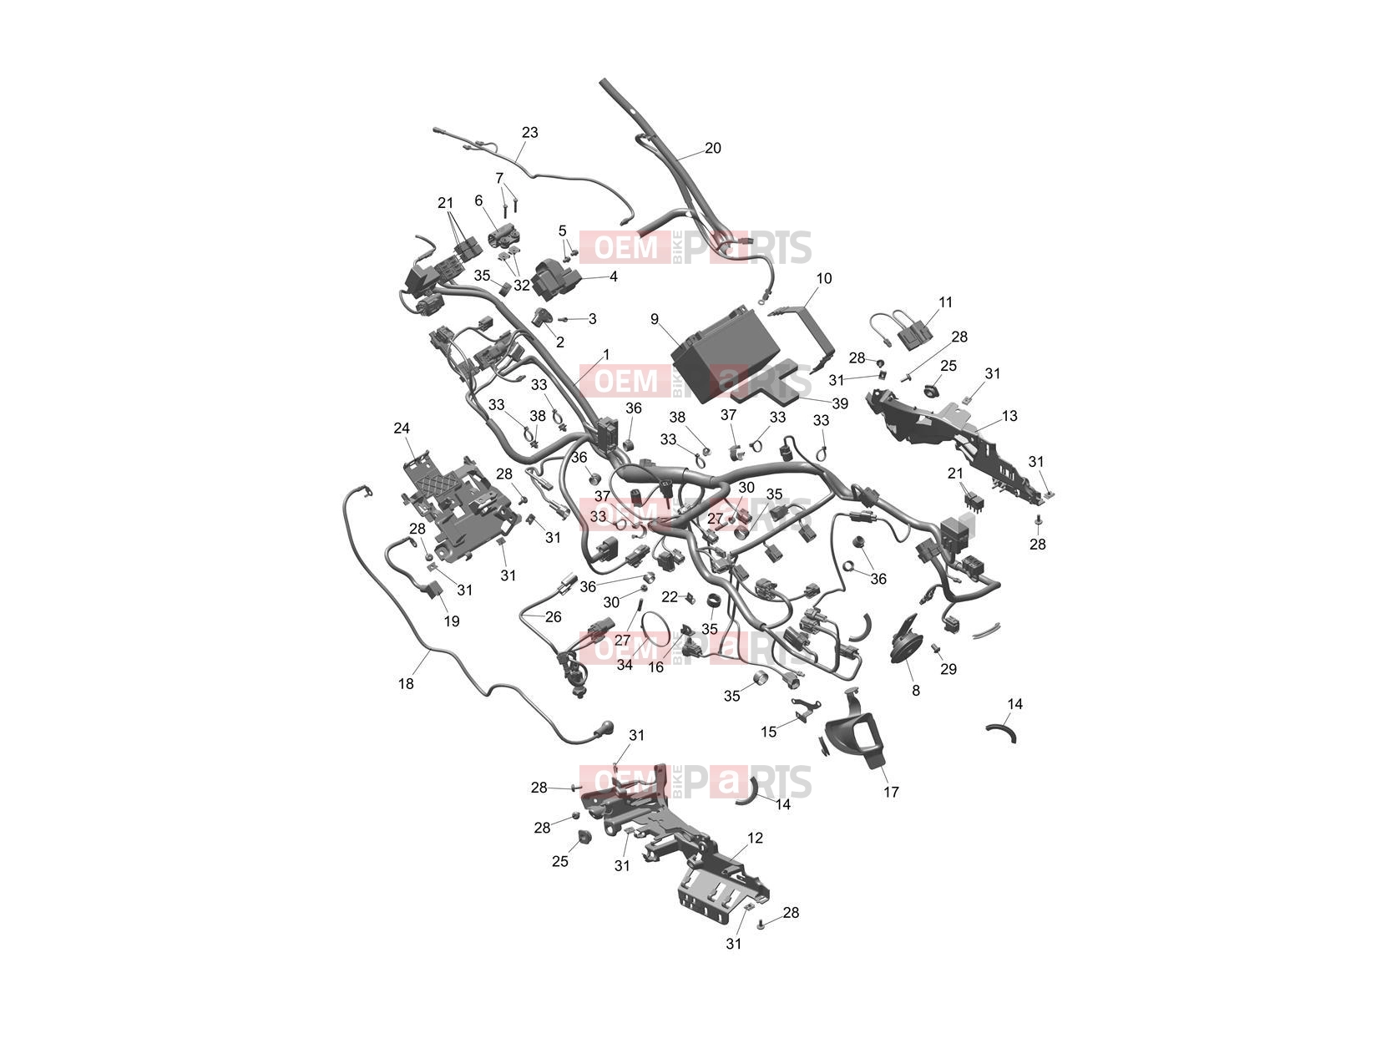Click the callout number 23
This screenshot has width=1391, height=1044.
point(530,133)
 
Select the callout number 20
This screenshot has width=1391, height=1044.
point(713,148)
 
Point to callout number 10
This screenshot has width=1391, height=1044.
point(824,278)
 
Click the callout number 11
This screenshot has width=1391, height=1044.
point(945,302)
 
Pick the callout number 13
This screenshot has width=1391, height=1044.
point(1009,416)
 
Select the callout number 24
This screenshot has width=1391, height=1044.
point(402,428)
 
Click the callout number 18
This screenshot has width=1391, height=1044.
point(406,683)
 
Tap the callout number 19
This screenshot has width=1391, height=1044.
point(452,621)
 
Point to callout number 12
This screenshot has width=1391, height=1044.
point(756,838)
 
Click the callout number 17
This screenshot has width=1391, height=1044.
point(891,792)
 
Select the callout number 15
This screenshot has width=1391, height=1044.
point(769,732)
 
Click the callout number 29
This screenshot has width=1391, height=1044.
point(948,669)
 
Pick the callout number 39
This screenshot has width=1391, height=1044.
point(840,403)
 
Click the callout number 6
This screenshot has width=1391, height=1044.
point(478,201)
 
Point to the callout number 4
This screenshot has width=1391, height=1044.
point(614,276)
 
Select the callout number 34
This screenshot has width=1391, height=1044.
point(625,665)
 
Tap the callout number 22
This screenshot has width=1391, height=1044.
point(670,597)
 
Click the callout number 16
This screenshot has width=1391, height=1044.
point(656,666)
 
